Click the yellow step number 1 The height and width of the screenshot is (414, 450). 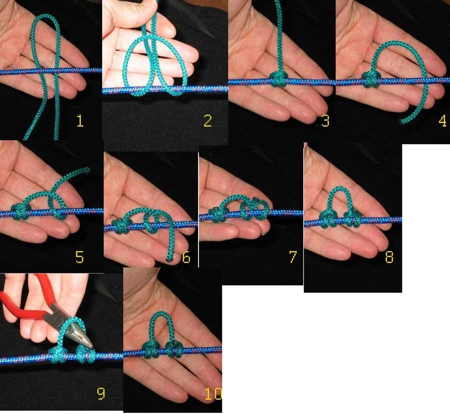point(80,121)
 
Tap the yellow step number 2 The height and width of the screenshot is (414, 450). point(207,121)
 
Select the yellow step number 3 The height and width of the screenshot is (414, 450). point(325,121)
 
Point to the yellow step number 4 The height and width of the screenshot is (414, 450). point(442,121)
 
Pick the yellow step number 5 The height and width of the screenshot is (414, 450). point(79,257)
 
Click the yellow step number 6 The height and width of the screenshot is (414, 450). point(186,257)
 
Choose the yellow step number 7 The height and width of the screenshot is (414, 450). point(292,257)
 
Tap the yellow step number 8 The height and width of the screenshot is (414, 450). point(389,257)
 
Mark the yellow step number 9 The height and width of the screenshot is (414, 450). point(100,393)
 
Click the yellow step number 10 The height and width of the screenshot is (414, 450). point(213,393)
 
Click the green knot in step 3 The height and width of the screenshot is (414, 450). point(278,79)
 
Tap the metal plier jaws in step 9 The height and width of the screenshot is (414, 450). point(79,331)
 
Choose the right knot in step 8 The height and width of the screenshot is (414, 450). point(353,218)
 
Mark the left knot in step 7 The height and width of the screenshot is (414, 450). point(217,214)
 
